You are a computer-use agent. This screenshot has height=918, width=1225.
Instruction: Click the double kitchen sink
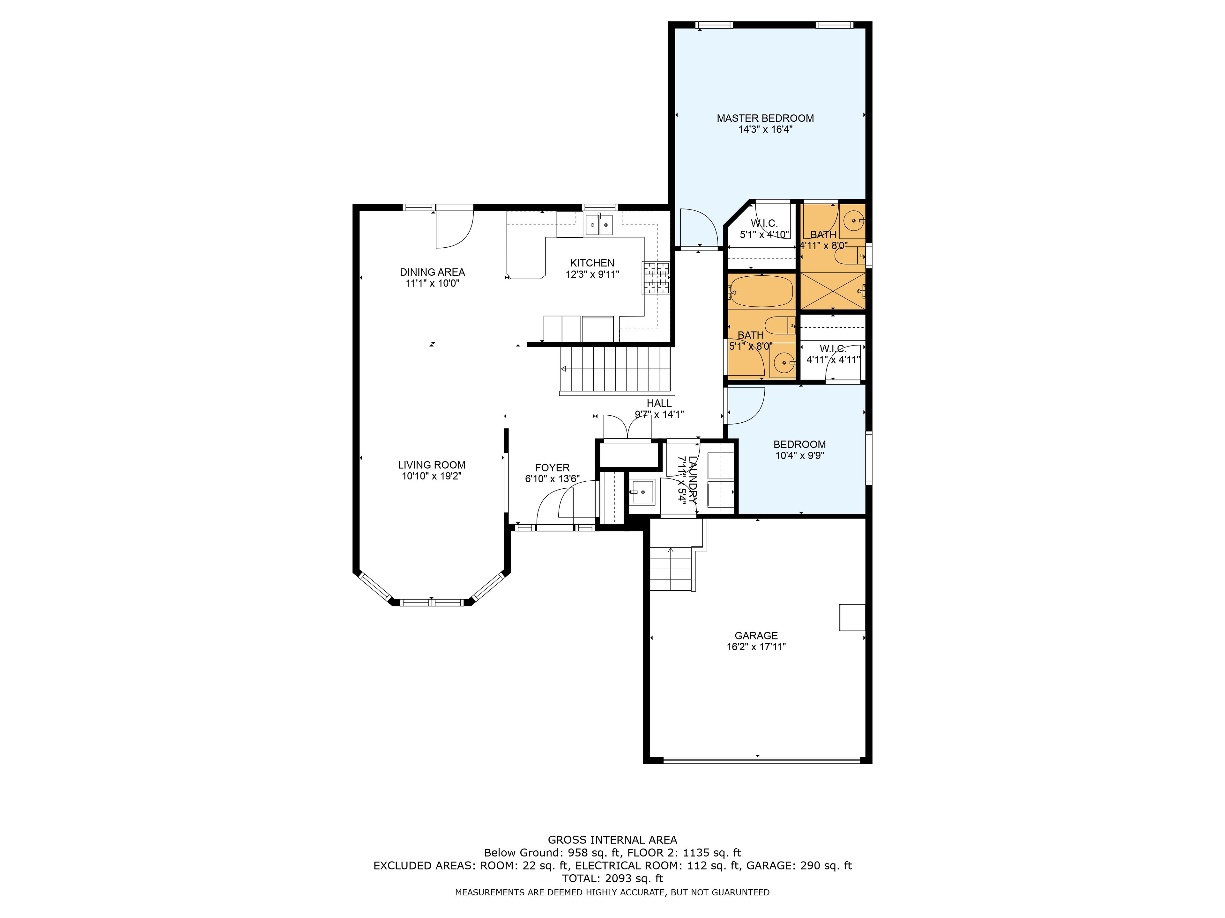point(599,224)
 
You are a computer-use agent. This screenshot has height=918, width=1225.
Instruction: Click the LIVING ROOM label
point(431,465)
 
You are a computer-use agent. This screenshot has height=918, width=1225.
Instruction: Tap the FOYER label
point(552,468)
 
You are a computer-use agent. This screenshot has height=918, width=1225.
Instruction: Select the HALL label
point(659,404)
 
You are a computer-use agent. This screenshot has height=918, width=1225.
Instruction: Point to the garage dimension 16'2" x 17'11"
point(756,647)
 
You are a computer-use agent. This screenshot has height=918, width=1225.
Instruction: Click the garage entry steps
point(671,568)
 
